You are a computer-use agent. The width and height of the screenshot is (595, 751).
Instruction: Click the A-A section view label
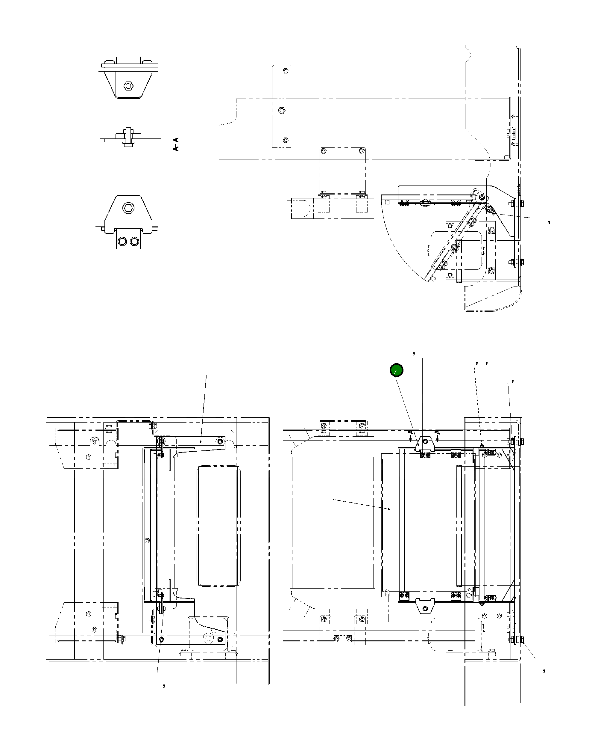click(176, 144)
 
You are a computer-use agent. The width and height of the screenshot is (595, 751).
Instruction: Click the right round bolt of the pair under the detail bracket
click(135, 241)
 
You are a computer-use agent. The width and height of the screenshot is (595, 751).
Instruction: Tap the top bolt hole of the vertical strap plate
click(285, 71)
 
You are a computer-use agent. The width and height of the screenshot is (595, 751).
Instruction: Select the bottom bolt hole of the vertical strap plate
click(285, 140)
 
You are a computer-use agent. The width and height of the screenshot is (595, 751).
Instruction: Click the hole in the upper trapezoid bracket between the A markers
click(424, 442)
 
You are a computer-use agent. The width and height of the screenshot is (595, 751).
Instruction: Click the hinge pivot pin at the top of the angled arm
click(482, 197)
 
